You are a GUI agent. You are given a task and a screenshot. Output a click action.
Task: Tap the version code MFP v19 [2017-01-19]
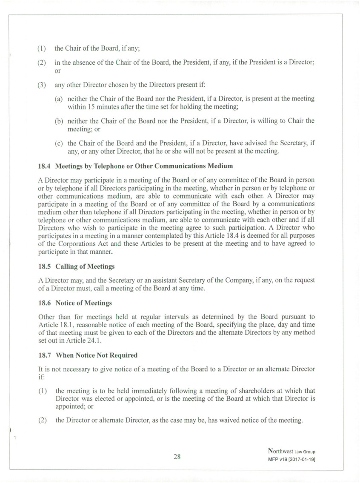click(x=291, y=460)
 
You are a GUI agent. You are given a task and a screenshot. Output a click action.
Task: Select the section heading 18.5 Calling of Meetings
click(x=77, y=267)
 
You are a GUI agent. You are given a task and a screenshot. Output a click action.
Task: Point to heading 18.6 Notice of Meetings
click(x=75, y=303)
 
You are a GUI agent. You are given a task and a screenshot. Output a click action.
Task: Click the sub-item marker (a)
click(x=60, y=99)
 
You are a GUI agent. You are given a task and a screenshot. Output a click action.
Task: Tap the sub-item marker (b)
click(x=60, y=121)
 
